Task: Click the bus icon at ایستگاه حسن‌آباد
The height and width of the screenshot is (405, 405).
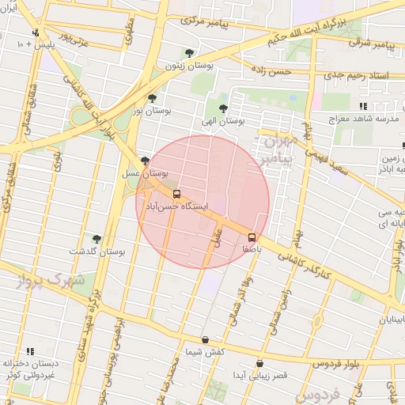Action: click(x=176, y=192)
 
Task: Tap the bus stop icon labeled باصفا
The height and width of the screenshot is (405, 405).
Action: click(x=252, y=237)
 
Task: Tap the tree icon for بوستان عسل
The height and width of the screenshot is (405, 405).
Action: click(x=144, y=161)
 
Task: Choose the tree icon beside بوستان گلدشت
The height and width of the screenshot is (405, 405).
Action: click(x=97, y=237)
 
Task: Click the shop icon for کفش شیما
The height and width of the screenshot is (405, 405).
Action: click(x=205, y=339)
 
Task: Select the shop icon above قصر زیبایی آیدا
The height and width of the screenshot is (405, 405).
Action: click(x=259, y=363)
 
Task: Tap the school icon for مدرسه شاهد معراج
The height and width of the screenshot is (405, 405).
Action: click(x=362, y=106)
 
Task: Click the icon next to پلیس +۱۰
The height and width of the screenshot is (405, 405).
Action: click(x=36, y=33)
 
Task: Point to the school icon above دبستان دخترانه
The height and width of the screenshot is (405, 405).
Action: click(x=30, y=350)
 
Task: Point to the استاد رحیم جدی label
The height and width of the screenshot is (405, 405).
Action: click(x=363, y=75)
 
